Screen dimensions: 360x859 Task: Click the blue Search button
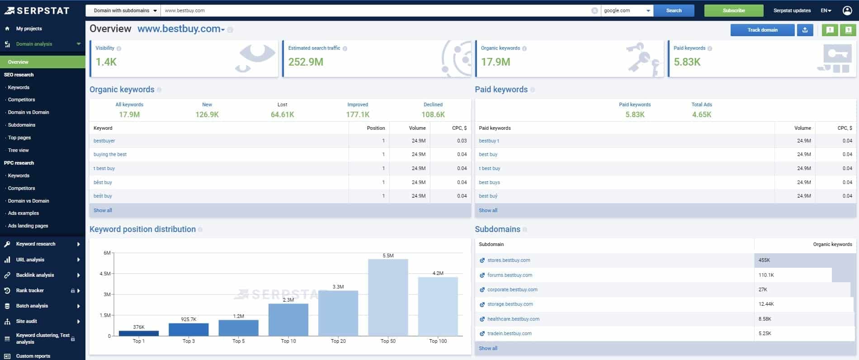point(674,10)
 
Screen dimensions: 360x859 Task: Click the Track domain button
point(762,30)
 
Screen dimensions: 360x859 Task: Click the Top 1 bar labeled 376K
point(139,333)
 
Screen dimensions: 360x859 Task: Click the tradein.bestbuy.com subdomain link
point(509,334)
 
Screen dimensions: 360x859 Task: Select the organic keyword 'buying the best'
point(110,155)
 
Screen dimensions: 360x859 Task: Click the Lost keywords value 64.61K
point(282,115)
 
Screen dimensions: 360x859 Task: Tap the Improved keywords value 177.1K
point(358,115)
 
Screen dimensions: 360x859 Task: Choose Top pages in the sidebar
point(19,137)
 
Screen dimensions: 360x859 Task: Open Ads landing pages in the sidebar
point(28,226)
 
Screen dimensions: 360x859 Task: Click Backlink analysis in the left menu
point(35,275)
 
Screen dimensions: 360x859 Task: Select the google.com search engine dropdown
point(627,10)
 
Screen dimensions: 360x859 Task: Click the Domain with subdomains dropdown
point(123,10)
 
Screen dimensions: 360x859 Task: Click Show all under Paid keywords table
point(488,210)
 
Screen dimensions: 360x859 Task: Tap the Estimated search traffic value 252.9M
point(306,62)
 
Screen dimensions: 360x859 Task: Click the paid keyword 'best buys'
point(489,183)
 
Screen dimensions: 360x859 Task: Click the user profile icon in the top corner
point(847,10)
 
